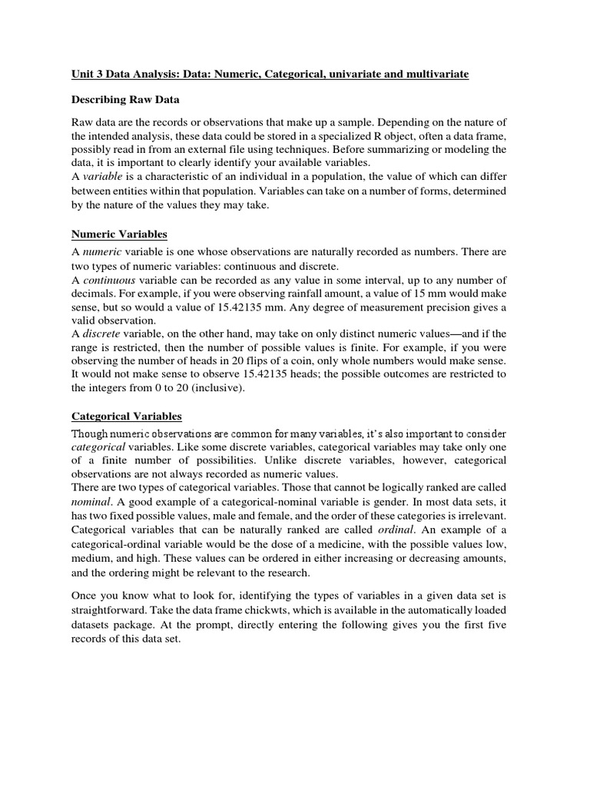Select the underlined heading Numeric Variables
click(x=119, y=234)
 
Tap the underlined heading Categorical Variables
click(x=127, y=416)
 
